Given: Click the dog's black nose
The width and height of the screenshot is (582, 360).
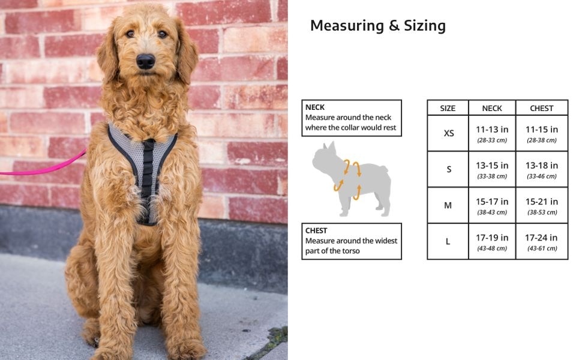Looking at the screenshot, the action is (x=145, y=61).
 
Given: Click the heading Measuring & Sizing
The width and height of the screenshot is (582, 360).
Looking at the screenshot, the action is (x=378, y=26).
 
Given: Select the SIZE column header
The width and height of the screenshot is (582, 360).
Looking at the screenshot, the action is (x=448, y=109).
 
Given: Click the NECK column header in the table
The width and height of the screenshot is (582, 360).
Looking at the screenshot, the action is (x=492, y=109).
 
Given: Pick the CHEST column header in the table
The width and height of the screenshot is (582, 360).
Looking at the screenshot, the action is (x=542, y=109).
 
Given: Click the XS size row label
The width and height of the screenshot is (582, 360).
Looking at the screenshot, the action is (x=448, y=133).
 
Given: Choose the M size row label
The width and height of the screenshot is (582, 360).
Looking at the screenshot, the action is (x=448, y=205).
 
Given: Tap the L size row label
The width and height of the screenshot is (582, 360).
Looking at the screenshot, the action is (x=448, y=241).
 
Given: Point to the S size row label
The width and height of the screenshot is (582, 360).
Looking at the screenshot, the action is (x=449, y=169).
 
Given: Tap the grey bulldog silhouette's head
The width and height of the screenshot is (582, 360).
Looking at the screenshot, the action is (x=325, y=158).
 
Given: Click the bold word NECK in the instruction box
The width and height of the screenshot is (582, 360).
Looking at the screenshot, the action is (x=315, y=107).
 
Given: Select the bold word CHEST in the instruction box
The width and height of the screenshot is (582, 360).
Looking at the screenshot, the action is (x=316, y=230).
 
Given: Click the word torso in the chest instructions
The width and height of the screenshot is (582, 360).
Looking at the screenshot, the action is (x=350, y=251).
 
